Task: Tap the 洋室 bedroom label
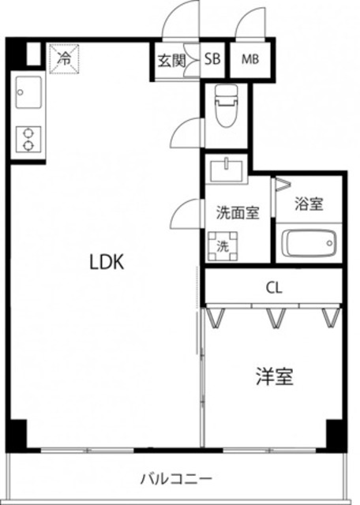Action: [x=275, y=377]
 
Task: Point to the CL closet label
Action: [x=274, y=287]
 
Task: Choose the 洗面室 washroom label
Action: [x=238, y=212]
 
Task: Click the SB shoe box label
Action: [x=213, y=58]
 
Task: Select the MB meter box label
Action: [x=250, y=58]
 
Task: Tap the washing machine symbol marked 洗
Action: [x=223, y=245]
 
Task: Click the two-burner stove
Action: [x=28, y=140]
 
